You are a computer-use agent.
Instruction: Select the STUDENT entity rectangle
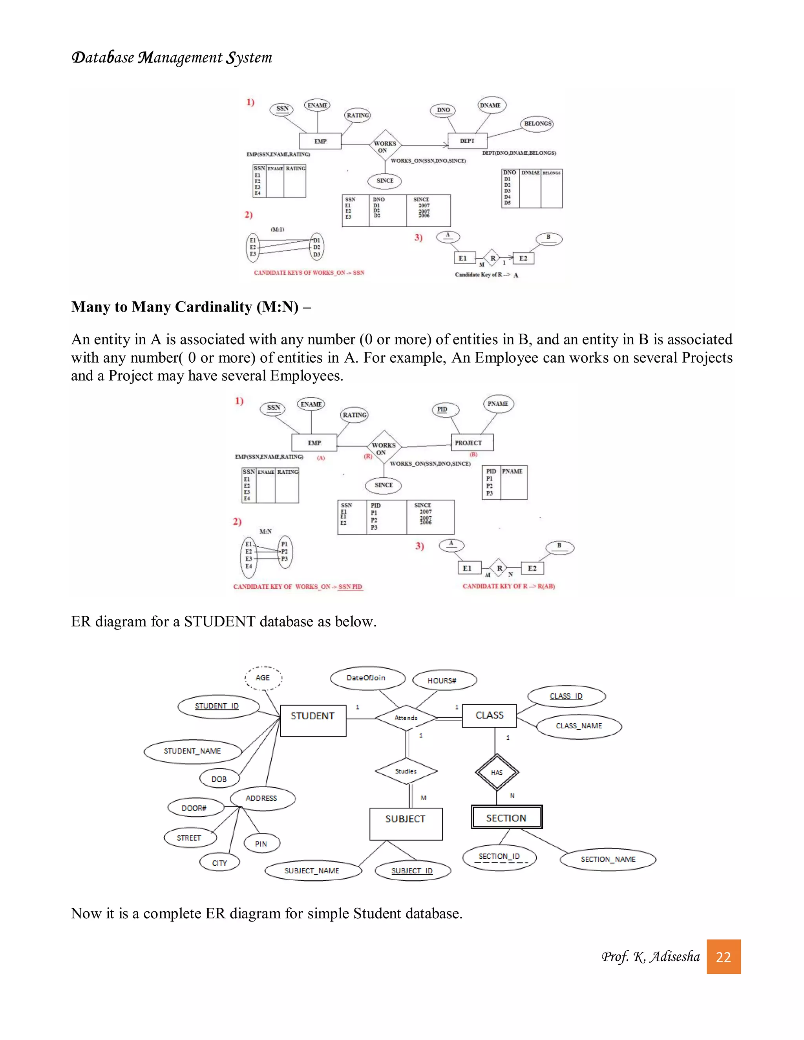(x=313, y=721)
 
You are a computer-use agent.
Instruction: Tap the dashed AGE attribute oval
(x=263, y=678)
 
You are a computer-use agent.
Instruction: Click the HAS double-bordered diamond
(x=496, y=772)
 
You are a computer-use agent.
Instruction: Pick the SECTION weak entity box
(x=506, y=817)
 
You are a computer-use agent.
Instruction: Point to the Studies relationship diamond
(x=406, y=771)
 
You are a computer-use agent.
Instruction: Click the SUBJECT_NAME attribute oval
(x=312, y=870)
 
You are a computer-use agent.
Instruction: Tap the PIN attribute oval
(x=261, y=843)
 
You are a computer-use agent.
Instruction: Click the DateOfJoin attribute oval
(x=366, y=678)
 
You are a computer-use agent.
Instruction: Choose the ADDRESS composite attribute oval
(x=261, y=798)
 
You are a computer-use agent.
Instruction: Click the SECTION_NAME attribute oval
(x=608, y=859)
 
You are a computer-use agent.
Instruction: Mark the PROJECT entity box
(x=471, y=442)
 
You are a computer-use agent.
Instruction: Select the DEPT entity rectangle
(x=467, y=141)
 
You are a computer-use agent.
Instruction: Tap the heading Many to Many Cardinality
(x=190, y=307)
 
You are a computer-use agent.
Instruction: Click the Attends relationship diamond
(x=406, y=718)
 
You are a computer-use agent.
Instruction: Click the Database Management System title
(x=172, y=58)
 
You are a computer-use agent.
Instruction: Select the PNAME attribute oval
(x=498, y=404)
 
